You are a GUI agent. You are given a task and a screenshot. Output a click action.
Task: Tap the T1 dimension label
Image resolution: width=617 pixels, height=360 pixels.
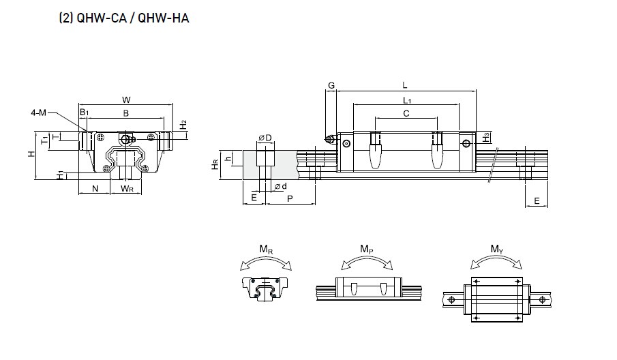pyautogui.click(x=45, y=140)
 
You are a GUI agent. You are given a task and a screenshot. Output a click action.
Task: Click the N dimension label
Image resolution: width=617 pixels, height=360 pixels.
pyautogui.click(x=95, y=187)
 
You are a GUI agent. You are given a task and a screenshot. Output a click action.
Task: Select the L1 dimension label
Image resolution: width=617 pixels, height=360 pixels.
pyautogui.click(x=406, y=100)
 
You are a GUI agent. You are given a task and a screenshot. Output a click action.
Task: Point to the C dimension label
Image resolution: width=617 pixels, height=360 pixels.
pyautogui.click(x=406, y=113)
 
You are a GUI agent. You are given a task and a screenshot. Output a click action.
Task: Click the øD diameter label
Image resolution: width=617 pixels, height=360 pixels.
pyautogui.click(x=265, y=138)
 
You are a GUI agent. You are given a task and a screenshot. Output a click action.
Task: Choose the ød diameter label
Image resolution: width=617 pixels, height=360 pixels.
pyautogui.click(x=280, y=186)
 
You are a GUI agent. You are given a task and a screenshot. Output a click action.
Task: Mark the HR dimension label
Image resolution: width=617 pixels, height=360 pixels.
pyautogui.click(x=215, y=164)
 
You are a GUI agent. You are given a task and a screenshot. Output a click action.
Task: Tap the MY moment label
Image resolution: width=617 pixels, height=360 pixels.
pyautogui.click(x=496, y=250)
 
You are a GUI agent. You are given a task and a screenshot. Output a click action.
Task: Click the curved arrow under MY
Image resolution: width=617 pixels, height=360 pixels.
pyautogui.click(x=496, y=262)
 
